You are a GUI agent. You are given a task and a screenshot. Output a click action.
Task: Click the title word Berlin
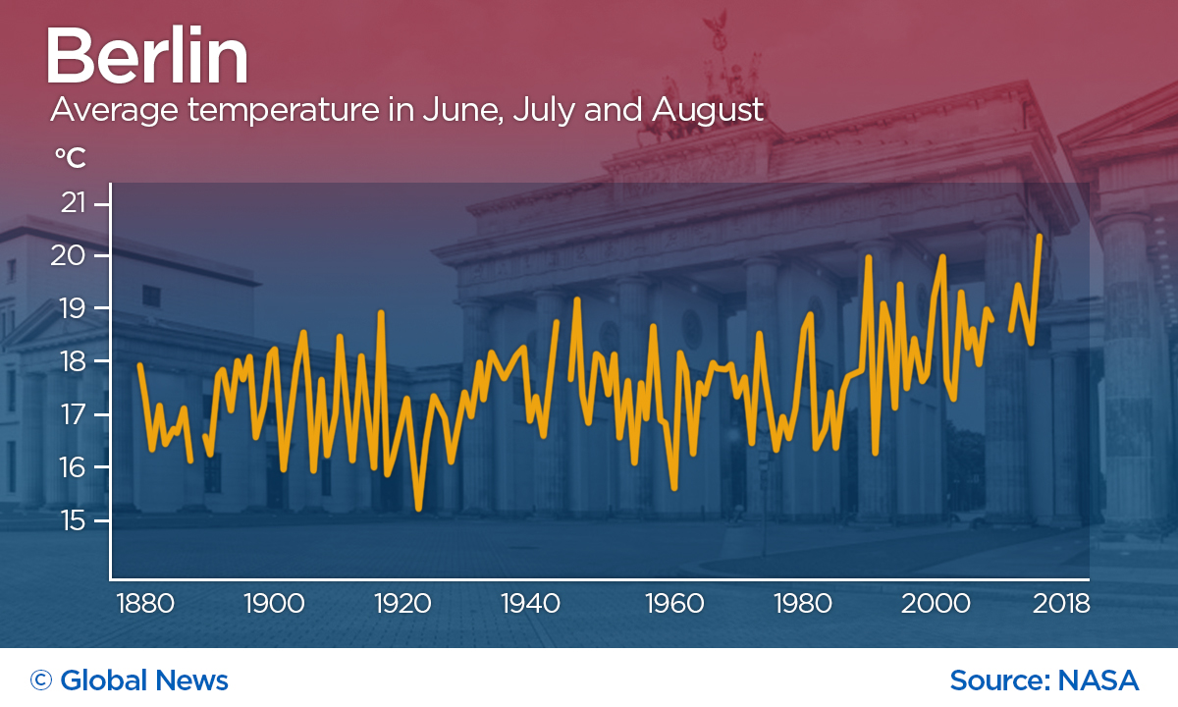tap(147, 58)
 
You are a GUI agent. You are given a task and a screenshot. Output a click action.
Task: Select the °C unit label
tap(70, 158)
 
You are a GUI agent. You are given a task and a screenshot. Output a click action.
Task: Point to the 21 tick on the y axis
tap(73, 204)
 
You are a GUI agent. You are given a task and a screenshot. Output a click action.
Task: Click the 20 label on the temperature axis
tap(73, 256)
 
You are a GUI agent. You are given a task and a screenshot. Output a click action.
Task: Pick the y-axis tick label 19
tap(73, 309)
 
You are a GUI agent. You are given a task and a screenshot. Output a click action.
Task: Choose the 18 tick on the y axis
tap(73, 362)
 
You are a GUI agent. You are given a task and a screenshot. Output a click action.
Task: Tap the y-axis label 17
tap(73, 415)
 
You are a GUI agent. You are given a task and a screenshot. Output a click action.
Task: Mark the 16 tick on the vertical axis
tap(73, 467)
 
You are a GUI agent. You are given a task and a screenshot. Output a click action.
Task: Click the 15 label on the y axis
tap(73, 520)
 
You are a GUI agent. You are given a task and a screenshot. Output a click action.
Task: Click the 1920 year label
tap(404, 603)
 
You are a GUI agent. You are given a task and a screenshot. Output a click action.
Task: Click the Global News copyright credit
tap(130, 680)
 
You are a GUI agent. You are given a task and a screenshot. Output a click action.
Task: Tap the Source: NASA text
tap(1044, 680)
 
